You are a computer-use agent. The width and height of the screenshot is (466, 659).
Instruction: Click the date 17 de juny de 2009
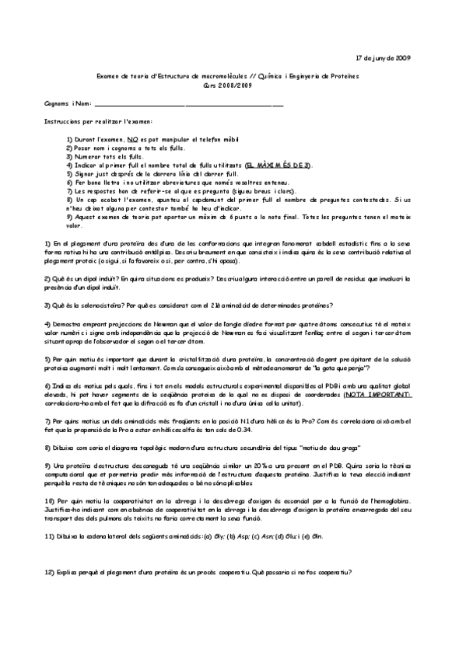pos(383,58)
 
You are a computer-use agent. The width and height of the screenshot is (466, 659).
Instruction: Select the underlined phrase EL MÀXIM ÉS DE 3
pos(278,166)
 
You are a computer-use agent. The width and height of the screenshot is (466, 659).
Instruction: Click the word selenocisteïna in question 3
pos(95,303)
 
